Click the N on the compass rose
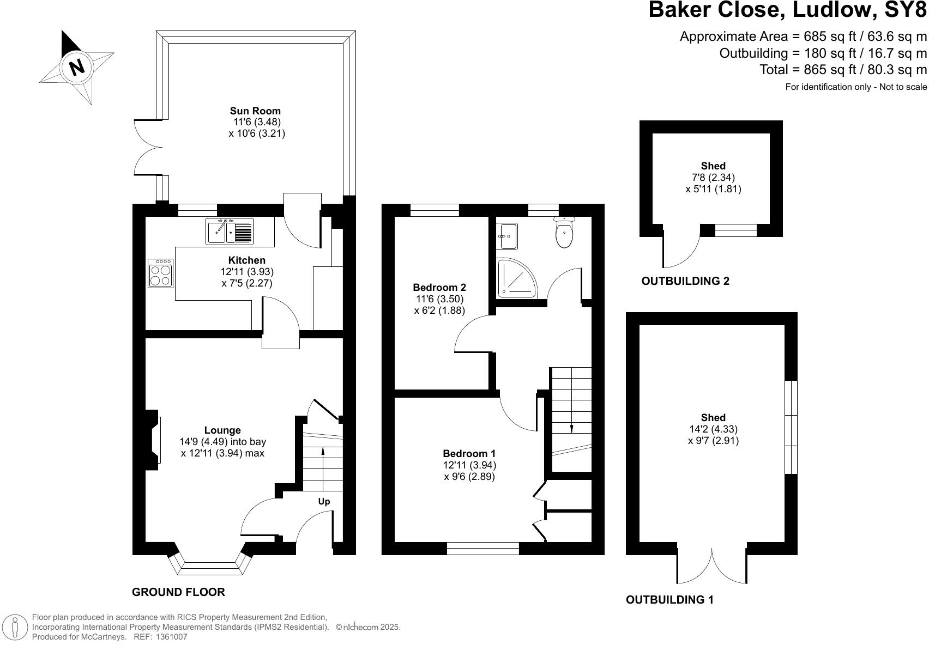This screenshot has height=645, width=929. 77,66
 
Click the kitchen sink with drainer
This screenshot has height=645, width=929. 230,232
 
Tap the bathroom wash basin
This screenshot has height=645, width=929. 507,236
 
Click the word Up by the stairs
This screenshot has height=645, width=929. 324,501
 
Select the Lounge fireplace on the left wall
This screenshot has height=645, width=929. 152,440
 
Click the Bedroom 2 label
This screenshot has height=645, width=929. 439,287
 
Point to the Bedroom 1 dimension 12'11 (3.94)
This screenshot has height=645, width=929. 469,465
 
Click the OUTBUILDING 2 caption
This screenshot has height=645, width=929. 685,281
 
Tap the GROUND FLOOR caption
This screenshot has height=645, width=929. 178,592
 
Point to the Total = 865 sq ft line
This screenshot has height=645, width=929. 843,70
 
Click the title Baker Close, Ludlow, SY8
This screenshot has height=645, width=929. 787,10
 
